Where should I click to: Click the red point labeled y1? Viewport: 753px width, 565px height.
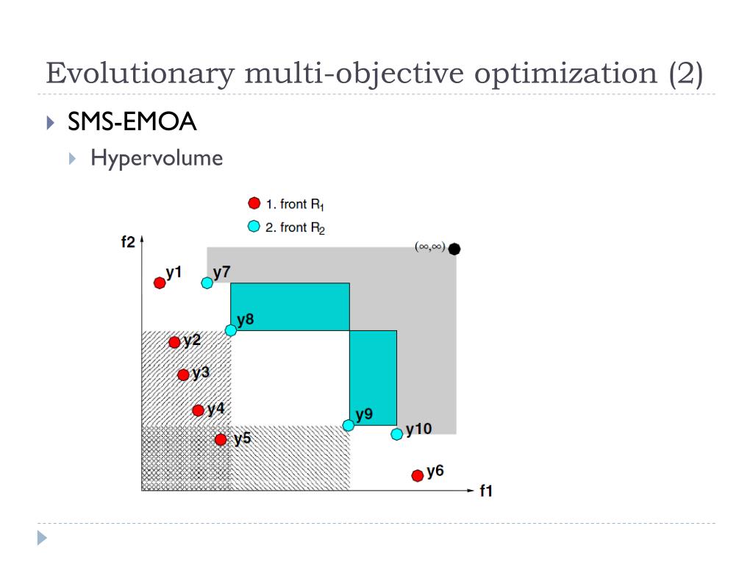160,282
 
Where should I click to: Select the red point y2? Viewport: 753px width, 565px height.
174,342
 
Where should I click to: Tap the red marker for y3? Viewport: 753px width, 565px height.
183,375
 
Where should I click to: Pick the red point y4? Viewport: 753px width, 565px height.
198,411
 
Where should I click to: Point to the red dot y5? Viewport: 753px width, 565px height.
221,440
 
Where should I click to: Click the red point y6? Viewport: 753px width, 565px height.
418,475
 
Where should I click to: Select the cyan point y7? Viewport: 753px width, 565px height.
207,282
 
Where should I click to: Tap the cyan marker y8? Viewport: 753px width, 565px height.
231,330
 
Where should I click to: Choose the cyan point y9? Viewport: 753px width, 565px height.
349,425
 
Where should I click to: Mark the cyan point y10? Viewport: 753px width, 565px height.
397,434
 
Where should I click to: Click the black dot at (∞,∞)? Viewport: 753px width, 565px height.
454,249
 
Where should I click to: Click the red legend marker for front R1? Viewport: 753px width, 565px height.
254,203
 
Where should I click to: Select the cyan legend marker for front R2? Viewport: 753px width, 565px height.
254,227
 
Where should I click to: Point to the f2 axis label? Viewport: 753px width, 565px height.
128,243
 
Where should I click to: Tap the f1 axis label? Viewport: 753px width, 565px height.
486,491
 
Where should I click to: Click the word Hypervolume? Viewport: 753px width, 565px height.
157,158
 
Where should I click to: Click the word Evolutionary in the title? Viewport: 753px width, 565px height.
139,74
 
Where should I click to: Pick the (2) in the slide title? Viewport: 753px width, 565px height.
685,74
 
